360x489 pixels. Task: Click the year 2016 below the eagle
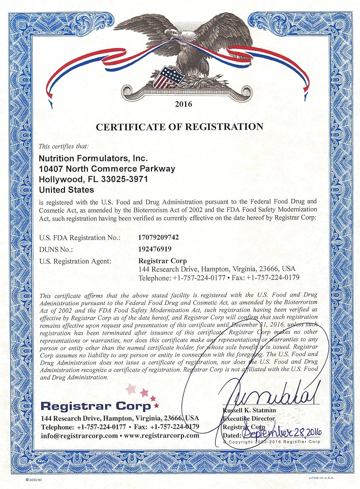point(184,104)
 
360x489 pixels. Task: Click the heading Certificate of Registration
point(179,127)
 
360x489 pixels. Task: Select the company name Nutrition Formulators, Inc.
point(93,158)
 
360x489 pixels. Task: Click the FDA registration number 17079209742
point(158,237)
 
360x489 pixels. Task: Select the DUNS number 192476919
point(155,249)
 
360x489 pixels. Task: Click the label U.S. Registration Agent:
point(75,261)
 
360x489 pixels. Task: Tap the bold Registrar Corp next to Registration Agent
point(162,261)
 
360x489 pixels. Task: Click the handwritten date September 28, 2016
point(282,433)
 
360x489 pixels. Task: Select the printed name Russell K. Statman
point(249,410)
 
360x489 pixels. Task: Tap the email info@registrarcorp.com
point(79,436)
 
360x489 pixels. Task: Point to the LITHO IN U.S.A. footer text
point(322,478)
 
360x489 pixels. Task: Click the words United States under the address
point(66,190)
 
